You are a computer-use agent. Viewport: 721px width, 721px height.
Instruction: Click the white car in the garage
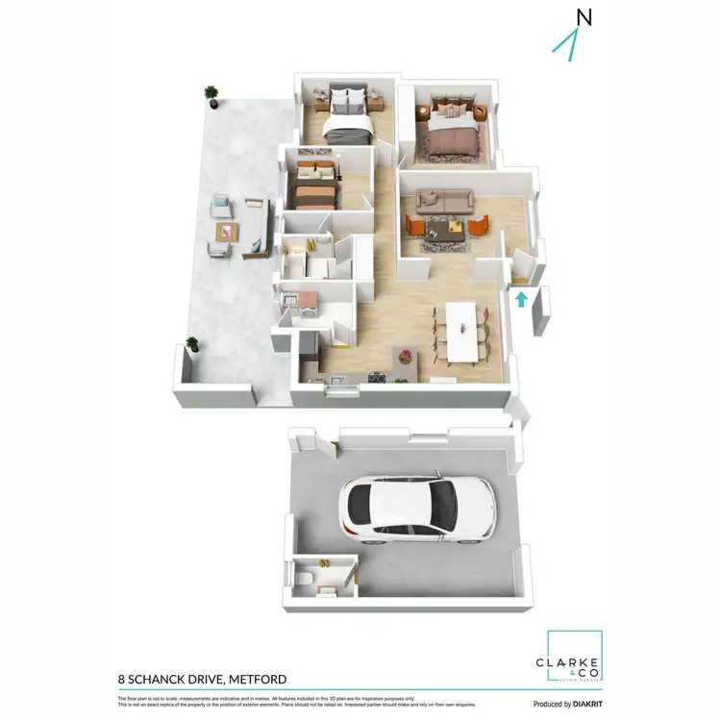coord(417,508)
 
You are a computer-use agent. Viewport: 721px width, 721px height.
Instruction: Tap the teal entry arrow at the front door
coord(521,299)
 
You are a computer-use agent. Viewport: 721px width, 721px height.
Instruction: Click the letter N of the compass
coord(584,16)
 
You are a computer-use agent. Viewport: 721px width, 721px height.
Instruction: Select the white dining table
coord(460,333)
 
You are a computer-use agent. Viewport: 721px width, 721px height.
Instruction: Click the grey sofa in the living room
coord(442,200)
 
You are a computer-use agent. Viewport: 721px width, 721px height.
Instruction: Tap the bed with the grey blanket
coord(347,119)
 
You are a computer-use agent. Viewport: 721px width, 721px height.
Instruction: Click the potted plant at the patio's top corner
coord(211,94)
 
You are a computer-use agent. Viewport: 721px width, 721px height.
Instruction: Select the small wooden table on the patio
coord(227,232)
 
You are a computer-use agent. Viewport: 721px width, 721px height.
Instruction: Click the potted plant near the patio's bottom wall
coord(193,344)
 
